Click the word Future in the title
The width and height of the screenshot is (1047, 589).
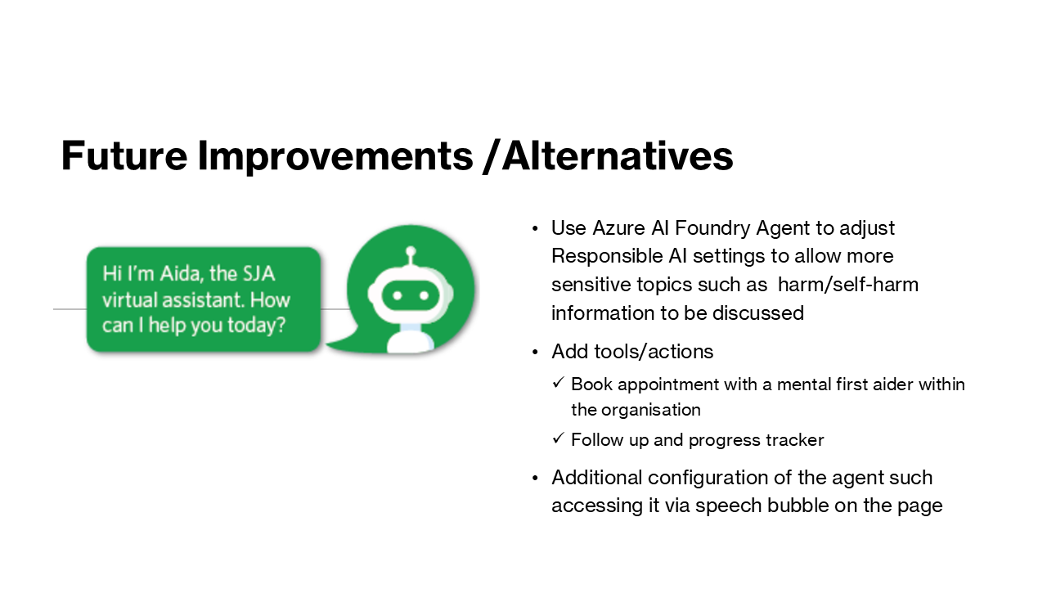click(124, 155)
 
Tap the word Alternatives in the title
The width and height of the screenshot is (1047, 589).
click(618, 155)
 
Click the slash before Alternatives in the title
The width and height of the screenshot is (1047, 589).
click(492, 156)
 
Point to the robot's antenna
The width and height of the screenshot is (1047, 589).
click(411, 255)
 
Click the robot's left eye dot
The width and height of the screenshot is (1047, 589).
click(398, 295)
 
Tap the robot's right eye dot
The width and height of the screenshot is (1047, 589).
click(424, 295)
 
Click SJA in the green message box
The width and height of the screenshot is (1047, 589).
click(258, 274)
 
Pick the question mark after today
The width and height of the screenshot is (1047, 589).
click(281, 325)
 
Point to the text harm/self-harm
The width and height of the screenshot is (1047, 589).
click(848, 285)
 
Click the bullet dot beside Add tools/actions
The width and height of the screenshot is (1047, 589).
click(536, 353)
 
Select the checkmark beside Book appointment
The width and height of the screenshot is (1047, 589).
click(558, 382)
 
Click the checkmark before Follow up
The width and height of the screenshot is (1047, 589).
click(558, 438)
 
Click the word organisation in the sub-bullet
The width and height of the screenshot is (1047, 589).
click(650, 411)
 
